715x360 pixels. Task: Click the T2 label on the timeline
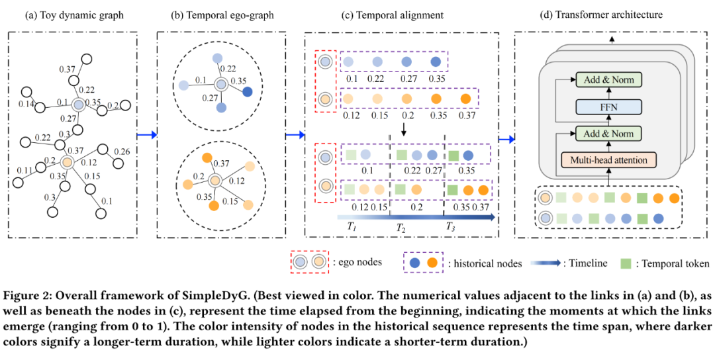pos(401,227)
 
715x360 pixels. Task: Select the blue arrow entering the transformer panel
pos(506,140)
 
